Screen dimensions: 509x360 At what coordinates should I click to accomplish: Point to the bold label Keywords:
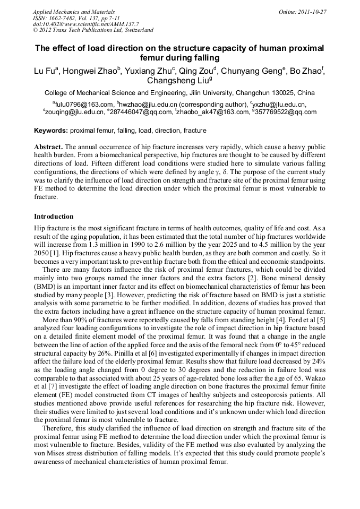51,131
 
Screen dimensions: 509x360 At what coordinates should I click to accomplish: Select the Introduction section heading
54,217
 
